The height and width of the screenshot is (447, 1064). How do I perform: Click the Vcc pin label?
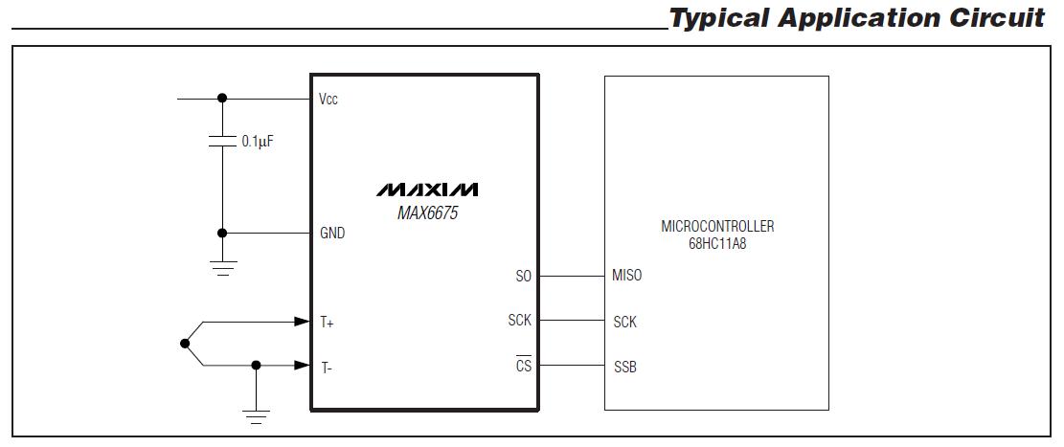328,99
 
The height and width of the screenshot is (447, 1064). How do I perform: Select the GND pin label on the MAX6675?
332,233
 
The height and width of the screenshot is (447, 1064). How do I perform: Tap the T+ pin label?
327,323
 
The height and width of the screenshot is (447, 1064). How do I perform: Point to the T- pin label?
326,366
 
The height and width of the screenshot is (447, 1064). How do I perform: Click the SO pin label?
523,277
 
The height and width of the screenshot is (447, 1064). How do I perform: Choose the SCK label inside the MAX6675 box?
519,321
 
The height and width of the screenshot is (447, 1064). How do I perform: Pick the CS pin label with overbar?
523,366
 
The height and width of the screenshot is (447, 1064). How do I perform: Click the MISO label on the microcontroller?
627,276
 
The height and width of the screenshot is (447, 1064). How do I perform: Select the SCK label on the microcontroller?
624,322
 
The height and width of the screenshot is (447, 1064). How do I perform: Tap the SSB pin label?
624,367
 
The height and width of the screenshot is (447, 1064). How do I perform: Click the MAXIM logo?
427,189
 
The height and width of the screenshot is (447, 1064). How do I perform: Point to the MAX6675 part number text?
427,212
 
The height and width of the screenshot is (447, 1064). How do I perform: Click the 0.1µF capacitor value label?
258,141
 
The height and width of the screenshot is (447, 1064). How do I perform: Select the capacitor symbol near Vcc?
222,142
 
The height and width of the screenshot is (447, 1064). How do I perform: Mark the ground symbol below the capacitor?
223,267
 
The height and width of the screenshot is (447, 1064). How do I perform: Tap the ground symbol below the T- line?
256,415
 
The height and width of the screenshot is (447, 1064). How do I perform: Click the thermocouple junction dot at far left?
184,343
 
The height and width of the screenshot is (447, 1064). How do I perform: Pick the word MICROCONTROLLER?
716,227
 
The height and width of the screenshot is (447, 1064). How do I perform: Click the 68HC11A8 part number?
716,244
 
